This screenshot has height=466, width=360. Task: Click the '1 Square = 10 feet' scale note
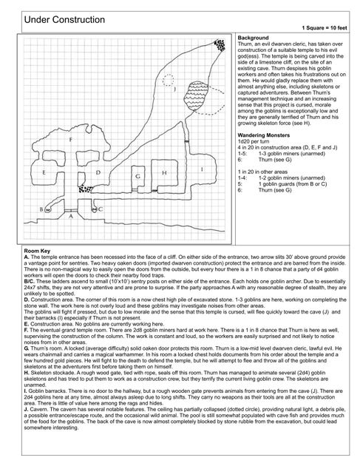[329, 27]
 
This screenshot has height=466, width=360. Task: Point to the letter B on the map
[41, 209]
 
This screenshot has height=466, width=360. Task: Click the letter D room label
[98, 172]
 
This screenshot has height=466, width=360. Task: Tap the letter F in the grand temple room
[70, 139]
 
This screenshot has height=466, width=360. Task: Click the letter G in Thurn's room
[137, 178]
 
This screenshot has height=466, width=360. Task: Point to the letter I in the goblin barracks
[201, 169]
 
